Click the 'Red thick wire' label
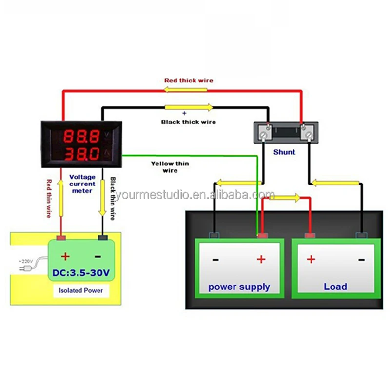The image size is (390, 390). click(x=188, y=80)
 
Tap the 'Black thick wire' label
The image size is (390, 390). click(x=188, y=122)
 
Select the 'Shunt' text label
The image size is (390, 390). click(x=284, y=152)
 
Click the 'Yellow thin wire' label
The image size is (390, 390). click(x=170, y=167)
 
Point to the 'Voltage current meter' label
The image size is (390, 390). click(x=82, y=184)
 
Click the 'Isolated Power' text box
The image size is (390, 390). click(x=81, y=290)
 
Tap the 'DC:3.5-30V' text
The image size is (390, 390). click(x=81, y=271)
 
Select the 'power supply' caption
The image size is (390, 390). click(x=239, y=287)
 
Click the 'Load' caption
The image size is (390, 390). click(x=335, y=287)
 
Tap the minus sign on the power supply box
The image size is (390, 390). click(x=215, y=259)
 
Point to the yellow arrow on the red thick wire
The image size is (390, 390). click(x=185, y=90)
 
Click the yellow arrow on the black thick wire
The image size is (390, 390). click(x=189, y=108)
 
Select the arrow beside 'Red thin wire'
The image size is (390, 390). click(x=61, y=198)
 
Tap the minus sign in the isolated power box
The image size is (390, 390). click(x=98, y=256)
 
